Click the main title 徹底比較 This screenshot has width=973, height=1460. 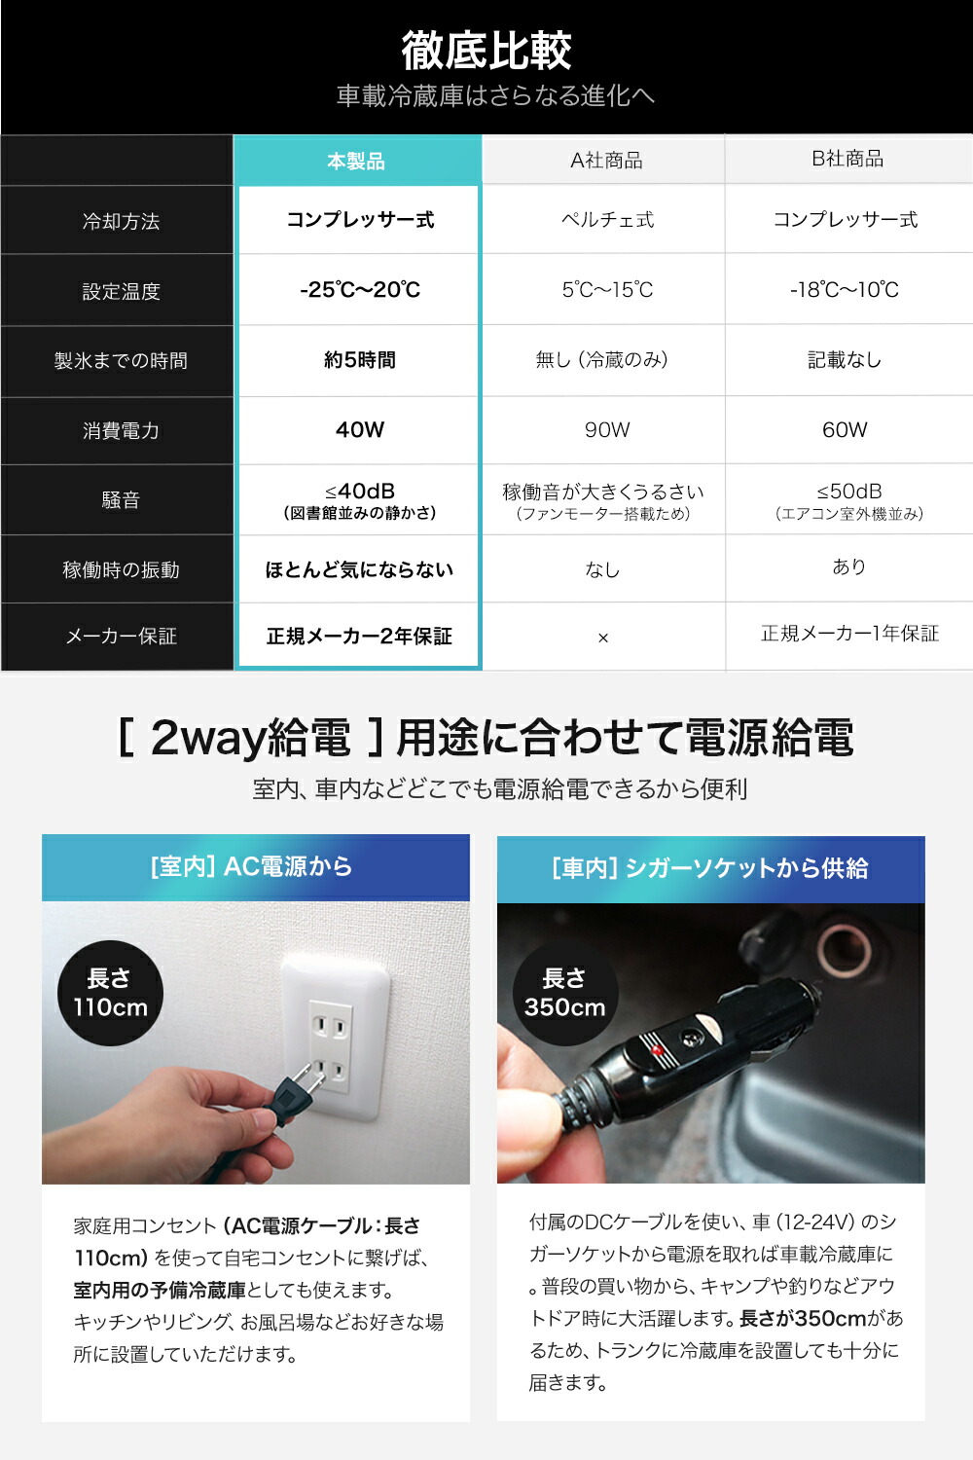point(486,51)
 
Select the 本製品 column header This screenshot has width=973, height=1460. point(356,161)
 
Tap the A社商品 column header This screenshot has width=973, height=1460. point(606,161)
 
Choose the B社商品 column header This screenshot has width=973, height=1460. point(847,159)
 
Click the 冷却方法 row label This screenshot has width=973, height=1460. point(121,221)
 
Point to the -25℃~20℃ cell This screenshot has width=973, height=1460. point(360,290)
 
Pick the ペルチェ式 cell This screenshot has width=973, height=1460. point(607,220)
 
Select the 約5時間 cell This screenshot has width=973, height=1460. point(360,360)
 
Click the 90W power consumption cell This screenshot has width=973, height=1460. point(607,430)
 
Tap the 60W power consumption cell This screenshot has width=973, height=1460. point(845,430)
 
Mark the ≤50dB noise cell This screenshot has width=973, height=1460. point(848,500)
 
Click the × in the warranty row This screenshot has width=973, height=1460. point(603,638)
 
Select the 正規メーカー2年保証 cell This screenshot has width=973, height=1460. point(359,637)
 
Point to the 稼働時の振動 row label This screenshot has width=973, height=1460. point(121,570)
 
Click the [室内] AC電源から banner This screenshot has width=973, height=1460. point(255,866)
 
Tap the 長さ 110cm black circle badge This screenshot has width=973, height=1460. point(110,993)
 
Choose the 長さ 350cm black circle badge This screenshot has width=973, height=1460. point(564,993)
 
